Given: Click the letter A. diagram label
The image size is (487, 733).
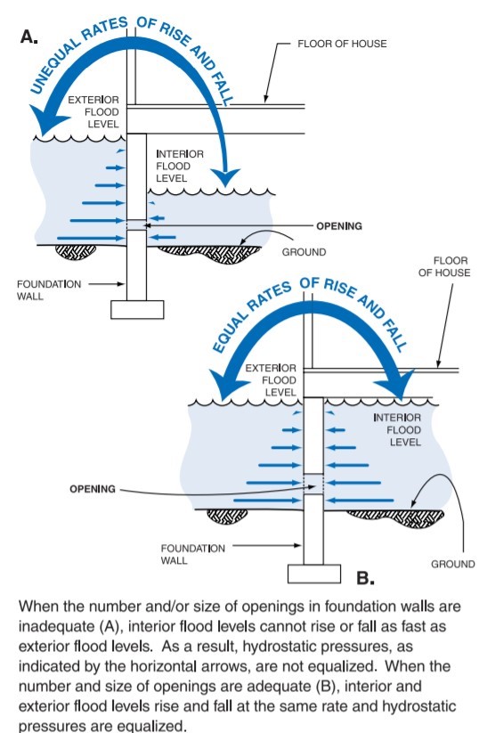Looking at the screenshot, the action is (29, 37).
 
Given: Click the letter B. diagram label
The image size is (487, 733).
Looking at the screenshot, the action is (365, 578).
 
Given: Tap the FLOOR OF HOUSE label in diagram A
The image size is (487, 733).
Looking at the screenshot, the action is (342, 44).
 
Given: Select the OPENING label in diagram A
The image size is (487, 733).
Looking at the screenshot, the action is (339, 226).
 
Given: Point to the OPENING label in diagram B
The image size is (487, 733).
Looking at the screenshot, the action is (92, 489).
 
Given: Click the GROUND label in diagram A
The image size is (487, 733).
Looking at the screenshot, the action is (304, 252).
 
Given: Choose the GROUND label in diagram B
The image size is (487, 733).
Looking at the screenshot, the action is (452, 565).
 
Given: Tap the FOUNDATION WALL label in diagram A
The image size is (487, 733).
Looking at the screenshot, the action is (49, 290).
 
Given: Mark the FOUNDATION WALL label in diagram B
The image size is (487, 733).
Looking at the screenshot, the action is (192, 554).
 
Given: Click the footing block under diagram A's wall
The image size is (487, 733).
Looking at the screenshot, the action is (137, 309).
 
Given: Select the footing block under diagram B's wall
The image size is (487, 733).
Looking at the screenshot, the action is (313, 574).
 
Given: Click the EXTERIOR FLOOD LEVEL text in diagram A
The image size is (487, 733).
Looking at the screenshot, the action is (93, 112).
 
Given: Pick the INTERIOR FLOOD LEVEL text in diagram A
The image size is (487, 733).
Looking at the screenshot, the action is (180, 166).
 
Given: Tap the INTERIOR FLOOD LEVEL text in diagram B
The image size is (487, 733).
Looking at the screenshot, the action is (397, 430).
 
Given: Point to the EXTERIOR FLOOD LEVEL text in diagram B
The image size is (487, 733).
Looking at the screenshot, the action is (271, 380).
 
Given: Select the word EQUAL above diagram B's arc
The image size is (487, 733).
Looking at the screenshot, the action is (230, 328).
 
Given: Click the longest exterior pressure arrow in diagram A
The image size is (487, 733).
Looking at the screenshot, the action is (91, 239).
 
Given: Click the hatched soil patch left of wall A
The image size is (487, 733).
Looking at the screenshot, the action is (76, 252).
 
